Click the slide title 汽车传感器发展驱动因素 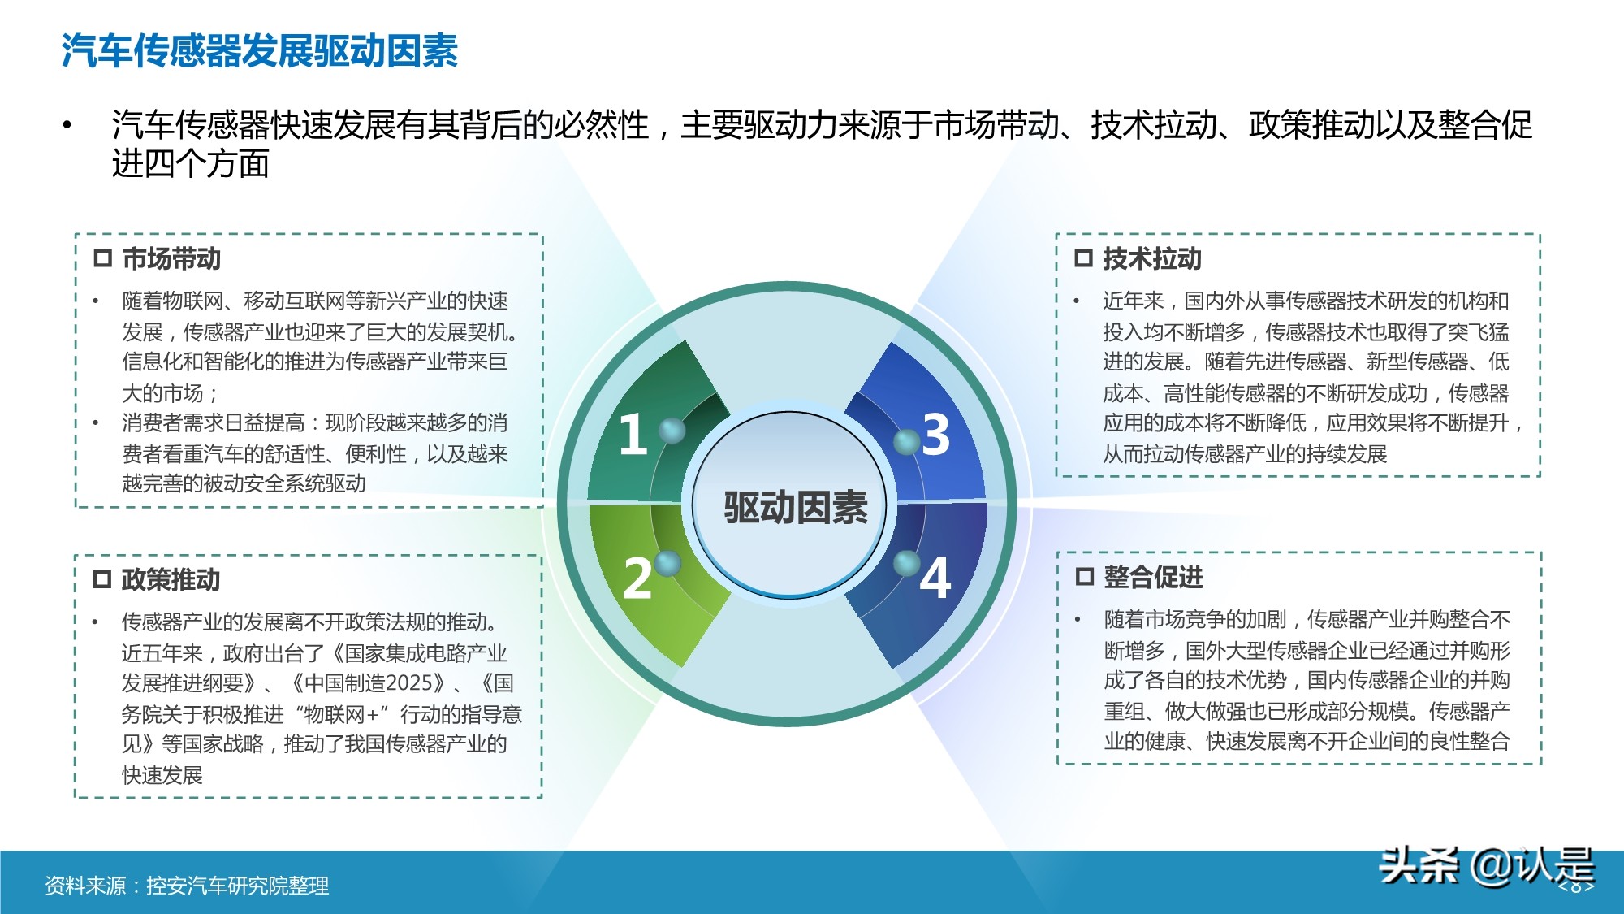coord(260,50)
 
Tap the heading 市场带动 coord(171,259)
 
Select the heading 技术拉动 coord(1151,259)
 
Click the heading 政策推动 coord(171,580)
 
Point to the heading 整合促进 coord(1153,577)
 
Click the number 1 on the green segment coord(633,434)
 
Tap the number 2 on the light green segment coord(637,578)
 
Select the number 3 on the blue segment coord(935,434)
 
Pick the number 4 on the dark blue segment coord(935,578)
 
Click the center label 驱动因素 coord(795,508)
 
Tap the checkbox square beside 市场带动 coord(102,258)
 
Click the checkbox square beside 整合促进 coord(1084,577)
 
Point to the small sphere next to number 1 coord(672,430)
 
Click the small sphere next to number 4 coord(906,562)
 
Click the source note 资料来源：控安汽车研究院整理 coord(187,886)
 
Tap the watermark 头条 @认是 coord(1486,865)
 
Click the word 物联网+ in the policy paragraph coord(344,715)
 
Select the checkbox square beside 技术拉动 coord(1083,258)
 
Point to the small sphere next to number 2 coord(667,562)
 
